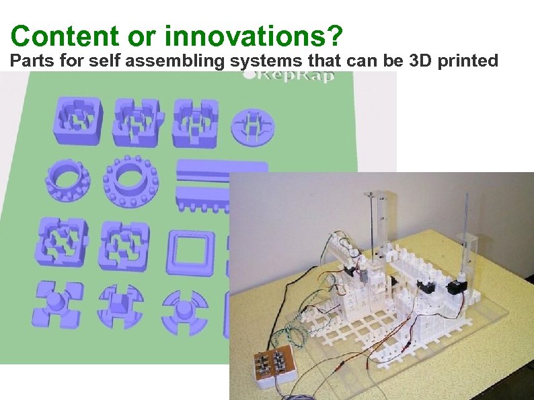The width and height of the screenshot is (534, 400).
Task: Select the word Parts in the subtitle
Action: (x=30, y=62)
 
